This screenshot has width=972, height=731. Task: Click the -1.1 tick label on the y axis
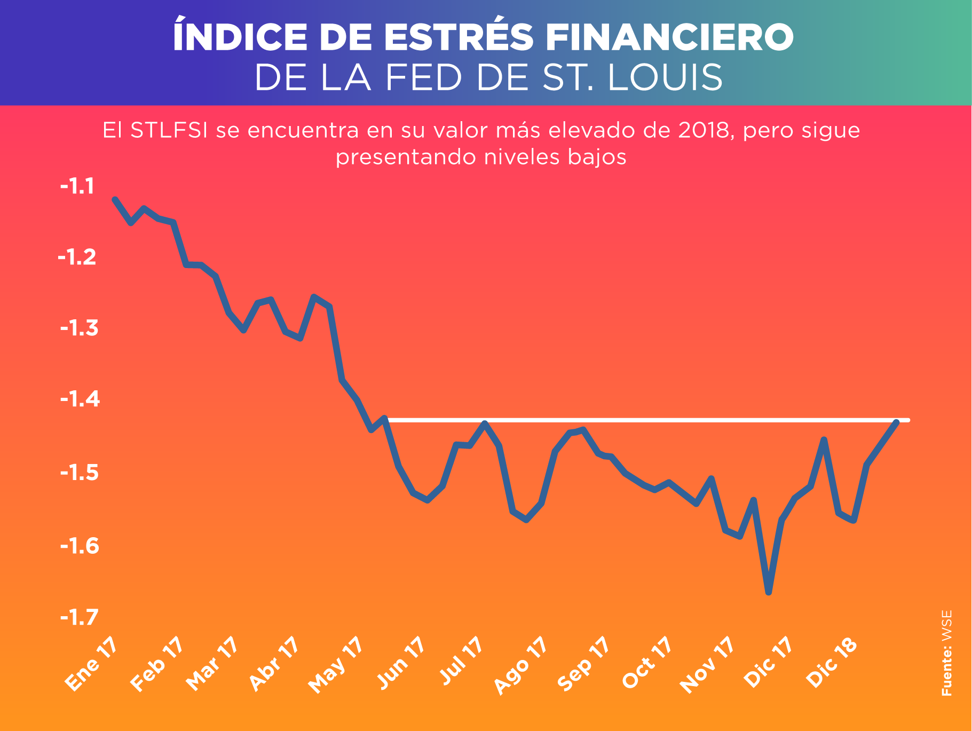pyautogui.click(x=77, y=187)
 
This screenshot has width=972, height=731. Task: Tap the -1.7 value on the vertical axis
pyautogui.click(x=80, y=618)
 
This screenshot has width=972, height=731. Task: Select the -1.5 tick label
pyautogui.click(x=80, y=473)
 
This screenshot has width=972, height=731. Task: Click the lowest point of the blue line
pyautogui.click(x=769, y=592)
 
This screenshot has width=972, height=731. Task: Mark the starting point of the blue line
pyautogui.click(x=115, y=199)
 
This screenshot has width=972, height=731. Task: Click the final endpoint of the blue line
pyautogui.click(x=897, y=422)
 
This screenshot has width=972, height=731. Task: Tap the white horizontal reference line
pyautogui.click(x=641, y=421)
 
